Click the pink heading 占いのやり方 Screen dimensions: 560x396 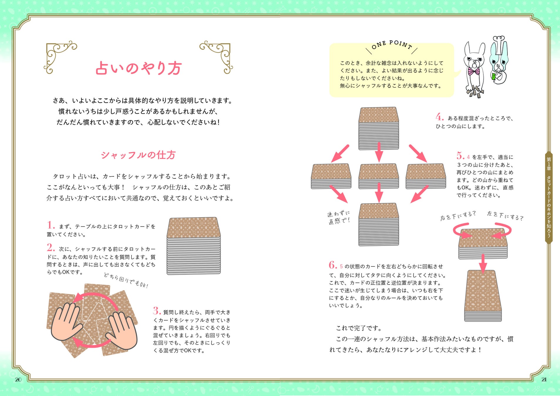(139, 68)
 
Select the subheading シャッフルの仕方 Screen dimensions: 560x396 (138, 155)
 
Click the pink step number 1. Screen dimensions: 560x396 (51, 225)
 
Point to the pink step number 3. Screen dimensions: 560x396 (157, 311)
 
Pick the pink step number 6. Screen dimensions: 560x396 (333, 265)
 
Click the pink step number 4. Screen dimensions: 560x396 (440, 117)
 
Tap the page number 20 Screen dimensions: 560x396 (18, 380)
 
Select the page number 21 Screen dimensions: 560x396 (544, 380)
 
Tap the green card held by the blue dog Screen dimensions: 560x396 (494, 77)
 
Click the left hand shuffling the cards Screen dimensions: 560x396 (66, 322)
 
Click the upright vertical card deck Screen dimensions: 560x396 (483, 296)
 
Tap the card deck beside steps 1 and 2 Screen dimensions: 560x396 (194, 246)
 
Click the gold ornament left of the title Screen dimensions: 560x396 (60, 57)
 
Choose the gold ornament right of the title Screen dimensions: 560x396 (216, 57)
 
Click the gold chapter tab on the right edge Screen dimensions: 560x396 (549, 197)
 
